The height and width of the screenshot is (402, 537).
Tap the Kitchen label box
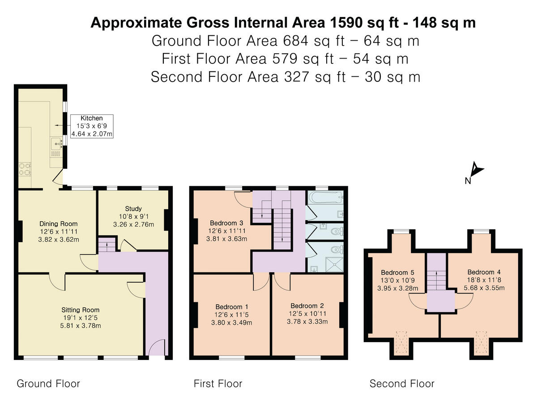[91, 126]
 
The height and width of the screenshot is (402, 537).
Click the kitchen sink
[55, 143]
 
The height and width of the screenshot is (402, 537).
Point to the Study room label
[133, 209]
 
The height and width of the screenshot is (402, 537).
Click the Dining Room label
[58, 224]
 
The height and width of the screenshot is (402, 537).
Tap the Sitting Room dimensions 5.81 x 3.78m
[81, 326]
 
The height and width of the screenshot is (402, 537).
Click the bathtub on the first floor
[325, 198]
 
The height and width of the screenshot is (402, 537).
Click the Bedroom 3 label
[226, 223]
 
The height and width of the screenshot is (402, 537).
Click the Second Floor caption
[401, 383]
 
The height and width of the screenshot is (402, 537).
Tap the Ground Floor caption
[48, 383]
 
